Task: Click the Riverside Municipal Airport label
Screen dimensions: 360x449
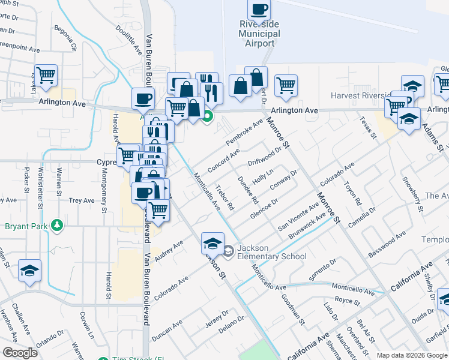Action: coord(259,34)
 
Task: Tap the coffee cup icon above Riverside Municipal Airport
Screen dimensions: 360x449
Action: coord(259,10)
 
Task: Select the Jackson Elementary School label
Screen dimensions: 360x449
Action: coord(271,253)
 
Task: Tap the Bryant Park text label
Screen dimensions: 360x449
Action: coord(28,226)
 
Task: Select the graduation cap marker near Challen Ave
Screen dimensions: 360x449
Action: coord(29,271)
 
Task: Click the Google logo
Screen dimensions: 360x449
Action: coord(20,353)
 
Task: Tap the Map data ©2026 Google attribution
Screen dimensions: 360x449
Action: coord(412,355)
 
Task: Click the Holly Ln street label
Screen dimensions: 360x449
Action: coord(262,178)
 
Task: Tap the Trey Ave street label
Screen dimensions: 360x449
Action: coord(82,200)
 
